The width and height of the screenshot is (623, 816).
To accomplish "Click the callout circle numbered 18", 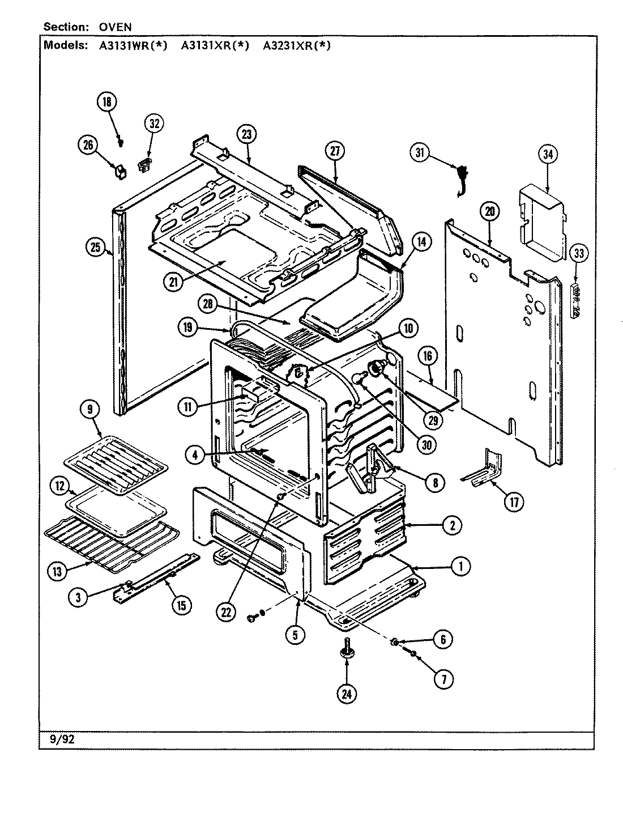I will point(106,102).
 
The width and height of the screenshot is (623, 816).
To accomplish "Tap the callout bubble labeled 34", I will point(548,154).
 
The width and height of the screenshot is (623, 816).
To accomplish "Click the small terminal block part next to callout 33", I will point(576,302).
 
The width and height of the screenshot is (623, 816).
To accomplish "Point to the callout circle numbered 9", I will point(91,409).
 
